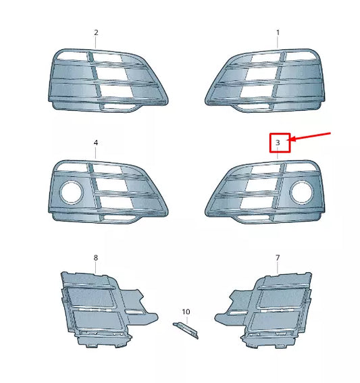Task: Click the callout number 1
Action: (278, 32)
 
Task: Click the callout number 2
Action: (96, 32)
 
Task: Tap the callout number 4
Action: (96, 143)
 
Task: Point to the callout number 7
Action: (278, 257)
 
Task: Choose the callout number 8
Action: (96, 257)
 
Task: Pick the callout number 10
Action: (186, 312)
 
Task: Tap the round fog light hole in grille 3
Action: (300, 195)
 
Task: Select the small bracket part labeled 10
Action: (186, 330)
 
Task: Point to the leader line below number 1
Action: (278, 43)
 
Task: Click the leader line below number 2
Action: (96, 43)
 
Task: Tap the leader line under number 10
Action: (186, 320)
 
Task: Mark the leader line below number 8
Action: (96, 267)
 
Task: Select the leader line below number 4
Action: (96, 154)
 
